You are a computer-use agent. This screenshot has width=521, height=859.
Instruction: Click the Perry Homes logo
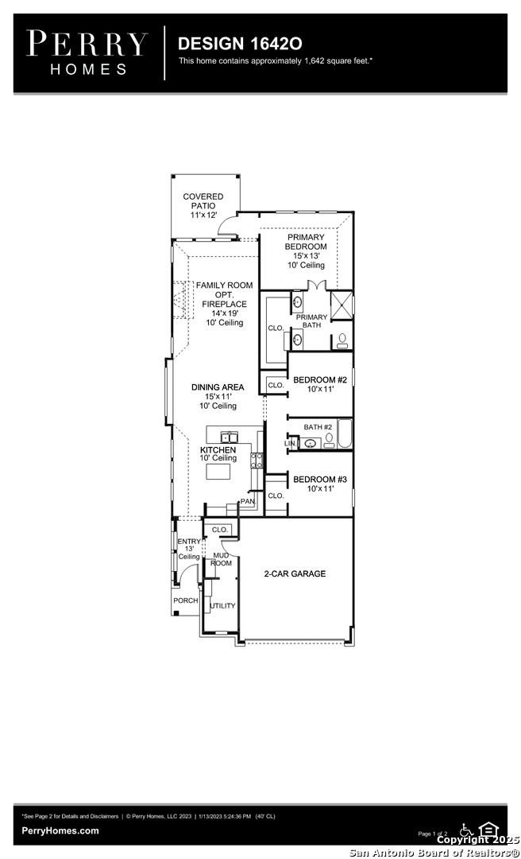pyautogui.click(x=87, y=53)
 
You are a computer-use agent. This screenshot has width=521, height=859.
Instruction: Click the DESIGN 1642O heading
pyautogui.click(x=240, y=44)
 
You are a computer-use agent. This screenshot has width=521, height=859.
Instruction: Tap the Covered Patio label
pyautogui.click(x=203, y=205)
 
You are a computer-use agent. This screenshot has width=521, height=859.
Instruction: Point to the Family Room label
pyautogui.click(x=225, y=304)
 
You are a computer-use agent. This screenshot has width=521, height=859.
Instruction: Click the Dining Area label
pyautogui.click(x=218, y=396)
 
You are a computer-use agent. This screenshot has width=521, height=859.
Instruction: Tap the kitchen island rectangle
pyautogui.click(x=222, y=471)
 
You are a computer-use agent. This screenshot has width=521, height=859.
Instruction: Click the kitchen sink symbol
pyautogui.click(x=229, y=437)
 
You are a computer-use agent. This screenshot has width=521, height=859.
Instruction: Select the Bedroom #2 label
pyautogui.click(x=320, y=384)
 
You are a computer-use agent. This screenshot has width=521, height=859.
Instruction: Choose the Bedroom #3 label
pyautogui.click(x=320, y=484)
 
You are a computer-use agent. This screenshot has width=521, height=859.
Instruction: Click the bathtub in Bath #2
pyautogui.click(x=344, y=434)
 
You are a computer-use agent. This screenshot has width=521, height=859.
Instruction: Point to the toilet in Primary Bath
pyautogui.click(x=342, y=340)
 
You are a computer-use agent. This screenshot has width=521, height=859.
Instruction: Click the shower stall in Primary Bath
pyautogui.click(x=342, y=305)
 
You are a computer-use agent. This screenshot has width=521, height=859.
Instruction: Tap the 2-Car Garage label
pyautogui.click(x=295, y=573)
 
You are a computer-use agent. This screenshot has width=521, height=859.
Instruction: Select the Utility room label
pyautogui.click(x=222, y=606)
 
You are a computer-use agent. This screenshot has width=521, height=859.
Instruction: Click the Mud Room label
pyautogui.click(x=222, y=559)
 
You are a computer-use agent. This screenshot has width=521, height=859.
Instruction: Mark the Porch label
pyautogui.click(x=186, y=601)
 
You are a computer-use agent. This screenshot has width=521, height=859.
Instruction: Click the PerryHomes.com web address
pyautogui.click(x=60, y=830)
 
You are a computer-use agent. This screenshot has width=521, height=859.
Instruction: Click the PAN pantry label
pyautogui.click(x=247, y=501)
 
